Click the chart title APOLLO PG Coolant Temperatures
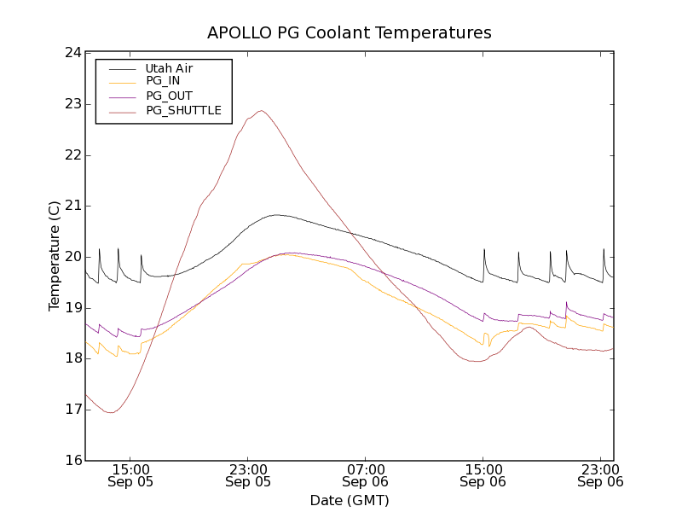click(x=350, y=33)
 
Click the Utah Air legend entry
click(x=169, y=68)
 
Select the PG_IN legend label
click(x=163, y=81)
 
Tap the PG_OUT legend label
click(x=169, y=96)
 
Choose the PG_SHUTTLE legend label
click(x=183, y=110)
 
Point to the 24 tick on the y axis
click(x=72, y=53)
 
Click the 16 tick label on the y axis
click(x=72, y=461)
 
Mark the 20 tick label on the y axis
click(x=72, y=257)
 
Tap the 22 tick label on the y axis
click(x=72, y=154)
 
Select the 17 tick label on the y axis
click(x=72, y=410)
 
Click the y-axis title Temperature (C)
click(x=55, y=256)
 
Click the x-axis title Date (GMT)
click(x=350, y=500)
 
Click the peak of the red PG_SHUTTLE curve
click(x=261, y=110)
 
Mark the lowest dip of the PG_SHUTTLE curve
click(x=111, y=413)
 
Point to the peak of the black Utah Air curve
click(x=276, y=215)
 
